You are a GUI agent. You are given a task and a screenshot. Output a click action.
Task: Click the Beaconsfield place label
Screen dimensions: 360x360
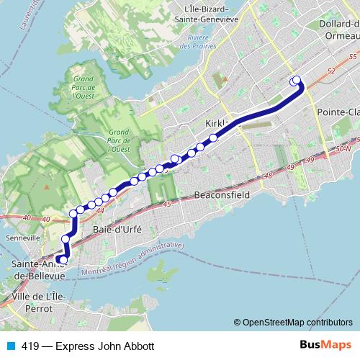(223, 195)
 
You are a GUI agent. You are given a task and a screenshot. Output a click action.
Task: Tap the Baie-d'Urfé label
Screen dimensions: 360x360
(115, 229)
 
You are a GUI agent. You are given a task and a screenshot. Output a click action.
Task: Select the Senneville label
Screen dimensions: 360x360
(19, 237)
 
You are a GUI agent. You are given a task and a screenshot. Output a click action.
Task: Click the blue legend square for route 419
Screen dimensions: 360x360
(10, 346)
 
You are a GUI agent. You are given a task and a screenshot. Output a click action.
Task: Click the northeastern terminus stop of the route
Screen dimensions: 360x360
(294, 81)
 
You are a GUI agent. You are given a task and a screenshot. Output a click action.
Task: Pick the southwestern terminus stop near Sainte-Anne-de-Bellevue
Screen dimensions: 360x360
(63, 260)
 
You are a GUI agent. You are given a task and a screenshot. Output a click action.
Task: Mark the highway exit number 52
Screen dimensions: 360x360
(330, 71)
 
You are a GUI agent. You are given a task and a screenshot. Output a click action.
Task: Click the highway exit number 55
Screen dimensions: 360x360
(353, 55)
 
